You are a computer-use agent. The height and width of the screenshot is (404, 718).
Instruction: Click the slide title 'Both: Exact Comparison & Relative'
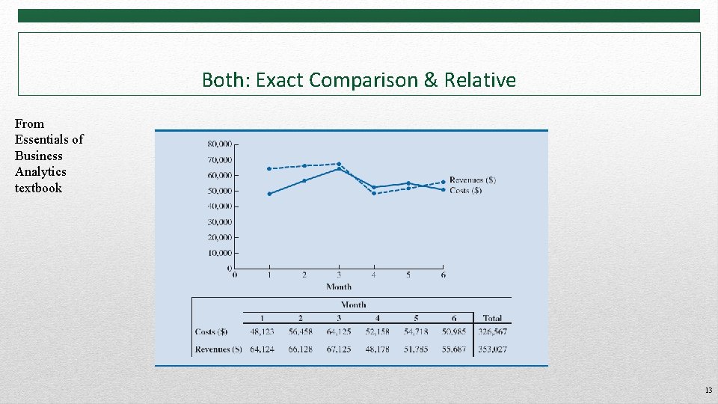click(x=358, y=80)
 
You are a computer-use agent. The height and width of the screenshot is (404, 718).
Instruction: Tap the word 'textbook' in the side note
click(x=38, y=189)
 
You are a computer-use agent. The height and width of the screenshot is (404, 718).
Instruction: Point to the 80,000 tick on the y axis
click(x=219, y=144)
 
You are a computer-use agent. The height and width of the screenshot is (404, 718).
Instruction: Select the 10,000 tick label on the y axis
click(x=219, y=253)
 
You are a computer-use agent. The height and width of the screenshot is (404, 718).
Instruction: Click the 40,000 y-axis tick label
click(x=219, y=206)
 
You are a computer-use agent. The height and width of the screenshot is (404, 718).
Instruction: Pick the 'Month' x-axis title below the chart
click(x=339, y=287)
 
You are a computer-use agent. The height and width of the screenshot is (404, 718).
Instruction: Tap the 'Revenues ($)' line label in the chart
click(x=472, y=180)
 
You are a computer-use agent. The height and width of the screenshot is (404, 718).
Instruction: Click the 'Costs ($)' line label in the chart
click(x=465, y=191)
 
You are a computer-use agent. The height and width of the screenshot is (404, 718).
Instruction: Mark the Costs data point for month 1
click(x=269, y=194)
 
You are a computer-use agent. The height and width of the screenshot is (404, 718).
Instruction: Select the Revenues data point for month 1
click(x=269, y=168)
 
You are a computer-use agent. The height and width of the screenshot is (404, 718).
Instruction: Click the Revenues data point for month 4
click(x=374, y=193)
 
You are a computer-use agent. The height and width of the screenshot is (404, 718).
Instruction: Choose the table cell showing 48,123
click(x=262, y=332)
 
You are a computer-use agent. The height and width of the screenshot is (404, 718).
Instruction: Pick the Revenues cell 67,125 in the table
click(x=339, y=349)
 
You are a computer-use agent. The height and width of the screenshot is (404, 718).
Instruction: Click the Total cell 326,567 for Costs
click(x=492, y=332)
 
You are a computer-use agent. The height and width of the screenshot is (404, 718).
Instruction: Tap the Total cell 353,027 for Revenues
click(x=492, y=349)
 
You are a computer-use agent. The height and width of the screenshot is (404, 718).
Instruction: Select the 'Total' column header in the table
click(x=492, y=318)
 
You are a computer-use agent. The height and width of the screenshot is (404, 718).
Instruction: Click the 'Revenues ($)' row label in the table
click(x=218, y=349)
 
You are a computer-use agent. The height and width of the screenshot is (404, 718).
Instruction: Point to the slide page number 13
click(x=708, y=391)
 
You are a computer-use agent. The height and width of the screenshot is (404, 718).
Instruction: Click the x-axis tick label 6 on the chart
click(x=444, y=275)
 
